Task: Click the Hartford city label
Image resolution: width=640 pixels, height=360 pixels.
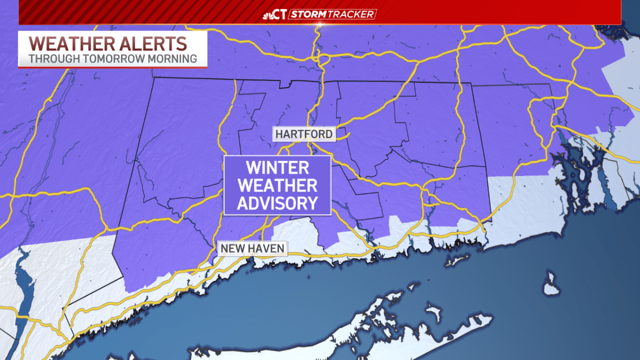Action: click(304, 134)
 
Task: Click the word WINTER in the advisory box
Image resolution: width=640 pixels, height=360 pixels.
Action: click(277, 168)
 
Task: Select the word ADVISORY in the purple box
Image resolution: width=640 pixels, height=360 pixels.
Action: click(277, 203)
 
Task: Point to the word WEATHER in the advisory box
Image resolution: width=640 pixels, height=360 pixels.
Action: click(277, 186)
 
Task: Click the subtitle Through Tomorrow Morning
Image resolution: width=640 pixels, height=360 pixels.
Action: click(113, 58)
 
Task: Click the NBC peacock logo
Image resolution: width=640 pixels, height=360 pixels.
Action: click(269, 14)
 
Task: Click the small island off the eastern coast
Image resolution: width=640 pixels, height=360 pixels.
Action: click(551, 284)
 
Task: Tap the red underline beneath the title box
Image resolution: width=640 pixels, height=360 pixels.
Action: click(113, 67)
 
